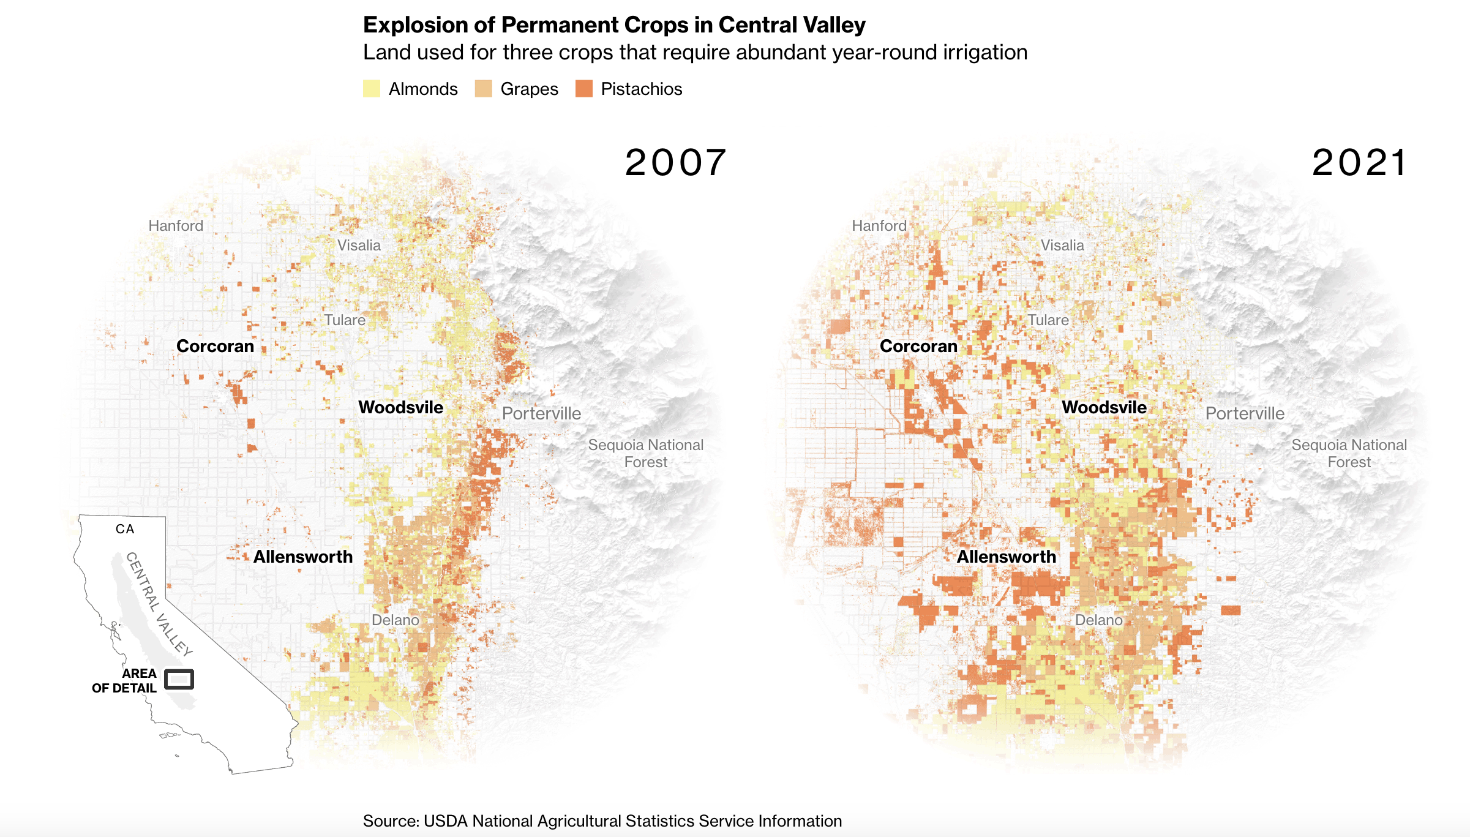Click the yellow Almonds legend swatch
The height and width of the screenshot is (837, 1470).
[372, 89]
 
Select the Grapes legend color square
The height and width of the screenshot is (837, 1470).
[483, 89]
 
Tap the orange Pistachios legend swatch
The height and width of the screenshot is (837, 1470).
[584, 89]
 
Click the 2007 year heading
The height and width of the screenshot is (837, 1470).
[675, 163]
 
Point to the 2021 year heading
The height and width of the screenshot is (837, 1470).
[1359, 163]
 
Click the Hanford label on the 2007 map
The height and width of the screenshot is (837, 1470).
[176, 226]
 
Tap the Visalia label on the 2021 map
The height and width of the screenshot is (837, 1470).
[1062, 246]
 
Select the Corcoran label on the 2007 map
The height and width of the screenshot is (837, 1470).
[215, 346]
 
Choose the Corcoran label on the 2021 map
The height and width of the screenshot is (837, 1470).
[918, 346]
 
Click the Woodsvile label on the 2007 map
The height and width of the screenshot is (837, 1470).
[400, 407]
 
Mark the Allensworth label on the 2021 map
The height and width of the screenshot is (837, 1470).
[1007, 557]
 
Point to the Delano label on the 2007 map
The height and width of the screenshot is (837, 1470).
[396, 620]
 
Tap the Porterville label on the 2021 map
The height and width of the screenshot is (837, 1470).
[1245, 413]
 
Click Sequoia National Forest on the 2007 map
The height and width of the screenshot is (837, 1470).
[646, 453]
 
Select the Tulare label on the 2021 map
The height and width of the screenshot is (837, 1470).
[1048, 320]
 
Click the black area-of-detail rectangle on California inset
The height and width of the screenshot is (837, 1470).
[179, 679]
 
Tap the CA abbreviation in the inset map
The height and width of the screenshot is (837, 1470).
[125, 529]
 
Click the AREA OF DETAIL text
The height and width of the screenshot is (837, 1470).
[125, 681]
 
